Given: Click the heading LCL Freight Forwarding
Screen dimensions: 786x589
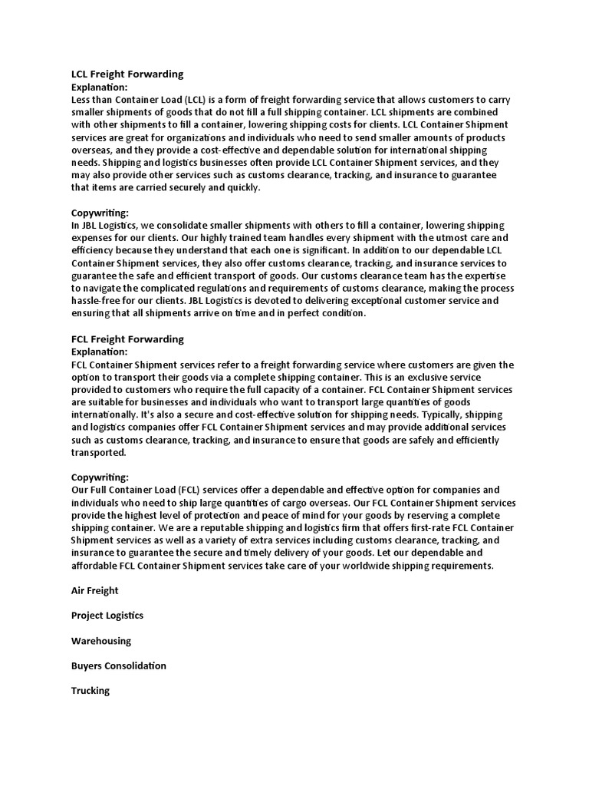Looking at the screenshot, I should pyautogui.click(x=127, y=74).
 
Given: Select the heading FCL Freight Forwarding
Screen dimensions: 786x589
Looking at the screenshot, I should pyautogui.click(x=127, y=339).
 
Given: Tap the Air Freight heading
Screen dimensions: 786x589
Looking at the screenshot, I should pyautogui.click(x=95, y=591).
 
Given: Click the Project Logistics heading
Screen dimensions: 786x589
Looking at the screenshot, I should pyautogui.click(x=107, y=616).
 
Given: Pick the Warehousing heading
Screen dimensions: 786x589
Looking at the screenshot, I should pyautogui.click(x=101, y=641).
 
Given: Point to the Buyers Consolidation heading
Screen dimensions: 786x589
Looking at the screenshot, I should pyautogui.click(x=119, y=665).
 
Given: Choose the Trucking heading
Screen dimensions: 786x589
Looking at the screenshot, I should pyautogui.click(x=90, y=691).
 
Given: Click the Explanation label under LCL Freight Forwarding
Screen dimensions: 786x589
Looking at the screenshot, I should pyautogui.click(x=100, y=88).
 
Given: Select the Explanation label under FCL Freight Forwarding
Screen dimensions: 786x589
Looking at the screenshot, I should pyautogui.click(x=100, y=352).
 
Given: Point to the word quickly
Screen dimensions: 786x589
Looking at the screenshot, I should pyautogui.click(x=243, y=187).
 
